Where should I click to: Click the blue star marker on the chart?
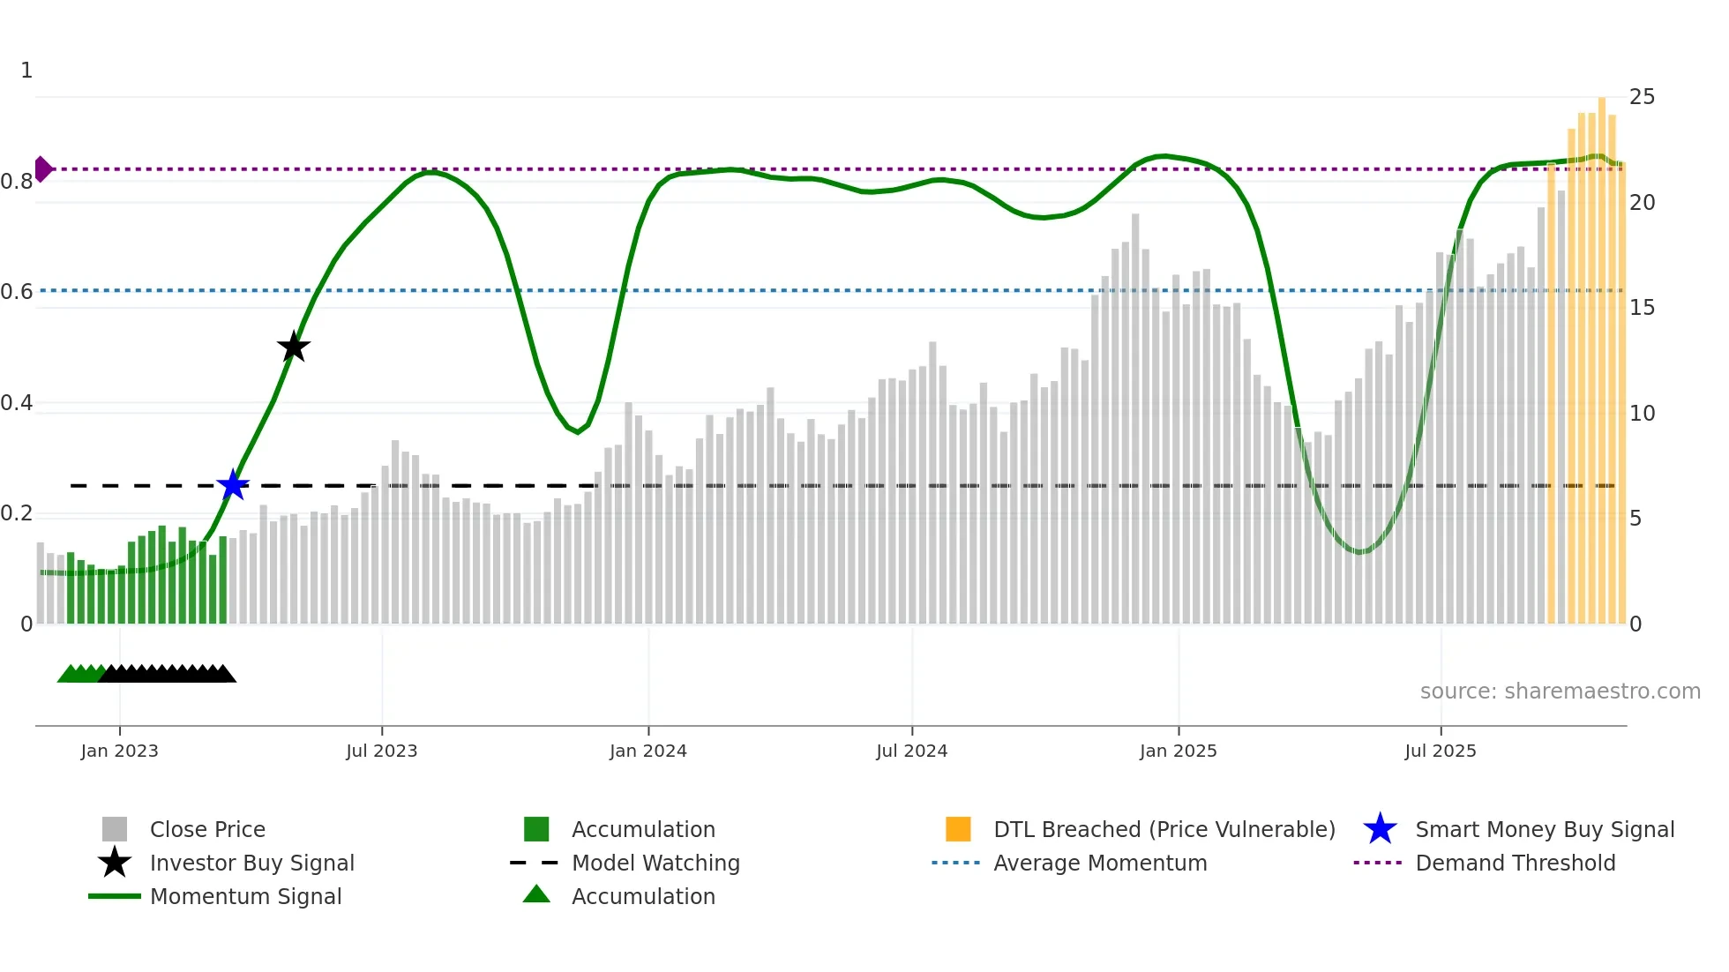click(233, 484)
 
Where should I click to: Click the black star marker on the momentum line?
click(294, 347)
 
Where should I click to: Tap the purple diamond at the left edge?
click(42, 168)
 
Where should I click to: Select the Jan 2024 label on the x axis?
click(647, 751)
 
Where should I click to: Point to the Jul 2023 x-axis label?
click(381, 751)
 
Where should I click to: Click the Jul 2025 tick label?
click(1440, 751)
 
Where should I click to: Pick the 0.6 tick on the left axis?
click(17, 292)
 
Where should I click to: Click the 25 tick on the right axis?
click(1642, 97)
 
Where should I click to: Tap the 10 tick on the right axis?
click(1642, 413)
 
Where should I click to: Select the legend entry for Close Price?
click(207, 829)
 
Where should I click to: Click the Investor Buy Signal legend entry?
click(251, 863)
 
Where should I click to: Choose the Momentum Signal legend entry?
click(245, 896)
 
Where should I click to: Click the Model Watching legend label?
click(655, 863)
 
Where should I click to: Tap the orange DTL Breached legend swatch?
click(958, 829)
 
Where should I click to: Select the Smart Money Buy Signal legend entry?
click(1544, 829)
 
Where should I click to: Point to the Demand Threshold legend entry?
click(1515, 863)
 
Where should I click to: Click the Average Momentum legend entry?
click(1099, 863)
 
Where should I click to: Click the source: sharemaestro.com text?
click(1560, 691)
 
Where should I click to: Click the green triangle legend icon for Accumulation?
click(536, 894)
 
